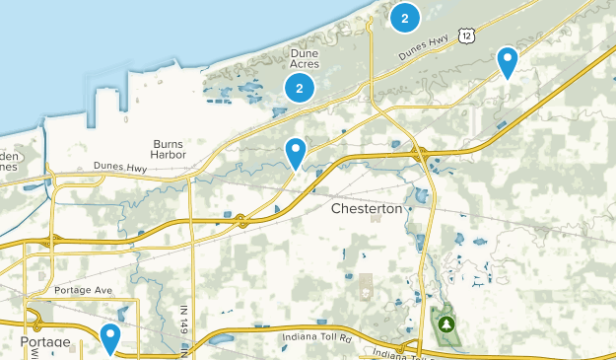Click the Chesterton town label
pos(368,209)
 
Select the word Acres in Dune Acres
pos(307,64)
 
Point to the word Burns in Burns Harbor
pos(169,144)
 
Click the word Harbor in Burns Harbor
pos(169,156)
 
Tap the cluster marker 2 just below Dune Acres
pos(299,88)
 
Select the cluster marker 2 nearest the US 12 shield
pos(404,17)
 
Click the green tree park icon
pos(447,323)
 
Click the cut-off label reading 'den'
pos(9,156)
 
